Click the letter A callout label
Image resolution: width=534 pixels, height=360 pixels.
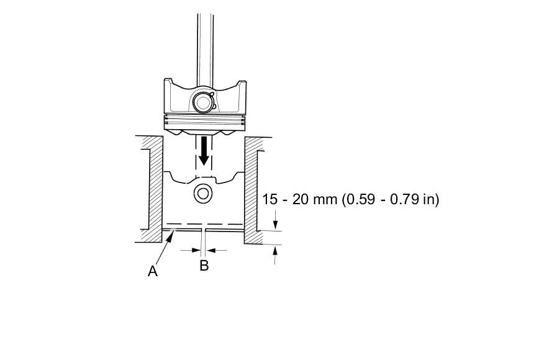(153, 271)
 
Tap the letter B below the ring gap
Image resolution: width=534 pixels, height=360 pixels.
(204, 265)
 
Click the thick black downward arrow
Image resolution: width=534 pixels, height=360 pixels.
(204, 151)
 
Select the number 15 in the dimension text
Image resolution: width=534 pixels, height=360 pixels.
(270, 199)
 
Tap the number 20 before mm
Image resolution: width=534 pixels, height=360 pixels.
(301, 199)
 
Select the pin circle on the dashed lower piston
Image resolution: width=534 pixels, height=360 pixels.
(203, 194)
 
